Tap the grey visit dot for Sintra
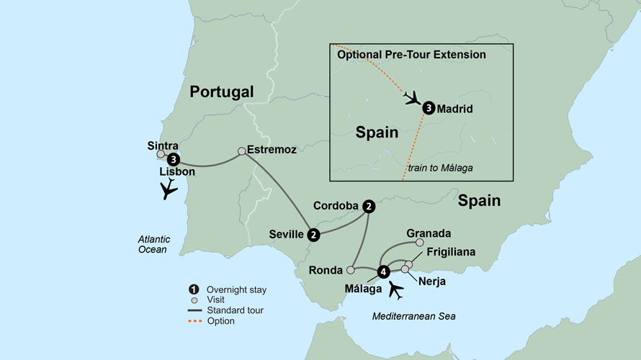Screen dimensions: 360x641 click(161, 154)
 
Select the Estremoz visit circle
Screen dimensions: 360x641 click(242, 151)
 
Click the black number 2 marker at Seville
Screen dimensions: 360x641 click(313, 234)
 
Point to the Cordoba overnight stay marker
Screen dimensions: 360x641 click(369, 206)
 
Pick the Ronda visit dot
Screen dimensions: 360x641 click(350, 271)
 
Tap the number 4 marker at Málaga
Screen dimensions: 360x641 click(383, 271)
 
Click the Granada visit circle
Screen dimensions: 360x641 click(420, 243)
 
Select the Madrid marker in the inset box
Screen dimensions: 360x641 click(429, 109)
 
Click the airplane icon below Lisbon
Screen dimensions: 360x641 click(169, 189)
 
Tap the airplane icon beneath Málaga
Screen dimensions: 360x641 click(395, 289)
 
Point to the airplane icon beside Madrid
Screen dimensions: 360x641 click(413, 98)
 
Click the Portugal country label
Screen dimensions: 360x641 click(222, 91)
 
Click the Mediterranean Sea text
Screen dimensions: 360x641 click(413, 316)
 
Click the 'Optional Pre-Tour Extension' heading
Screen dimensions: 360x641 click(411, 55)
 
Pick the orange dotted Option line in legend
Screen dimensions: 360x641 click(198, 321)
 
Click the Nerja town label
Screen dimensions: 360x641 click(431, 282)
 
